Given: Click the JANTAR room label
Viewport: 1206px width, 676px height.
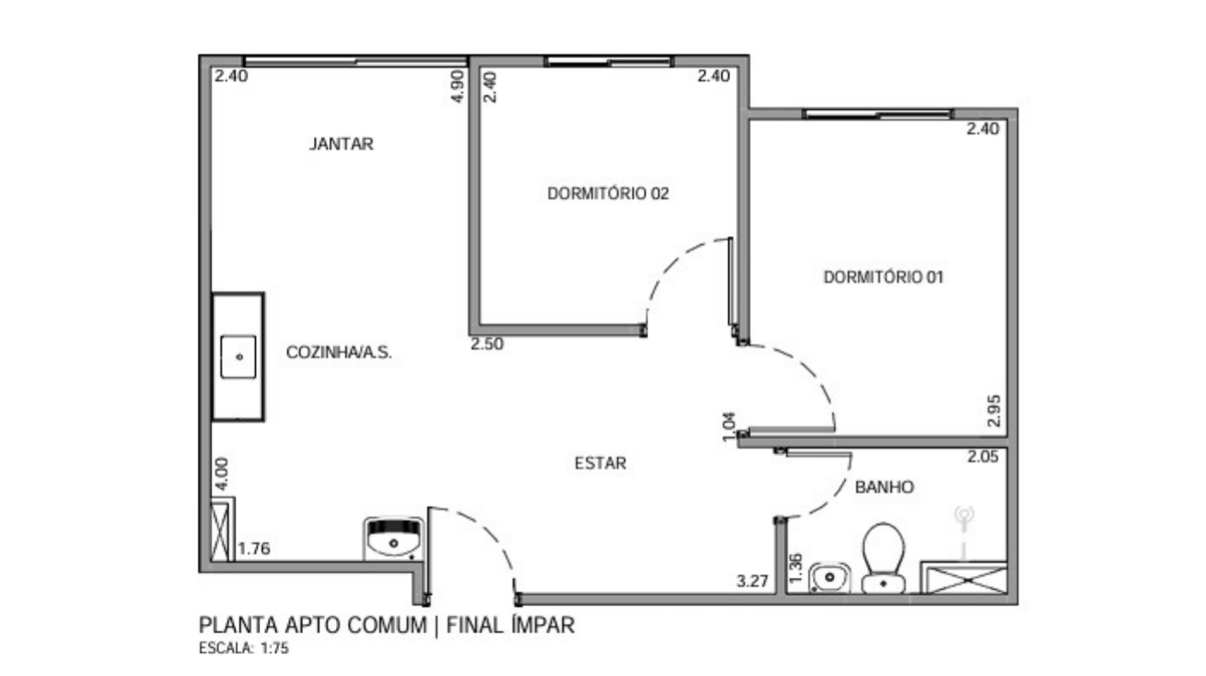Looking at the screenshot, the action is [x=341, y=144].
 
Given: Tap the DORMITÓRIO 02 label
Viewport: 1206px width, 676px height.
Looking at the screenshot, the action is [x=608, y=194].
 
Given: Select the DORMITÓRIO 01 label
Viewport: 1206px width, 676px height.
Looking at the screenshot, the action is [x=883, y=277].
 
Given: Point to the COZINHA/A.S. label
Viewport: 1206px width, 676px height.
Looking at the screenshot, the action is [x=339, y=352].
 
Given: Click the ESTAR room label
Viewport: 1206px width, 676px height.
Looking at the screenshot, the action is [x=600, y=464].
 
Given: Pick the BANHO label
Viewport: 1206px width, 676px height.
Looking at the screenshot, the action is [x=884, y=487].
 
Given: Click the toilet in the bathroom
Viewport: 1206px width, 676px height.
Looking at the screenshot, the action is [x=883, y=558].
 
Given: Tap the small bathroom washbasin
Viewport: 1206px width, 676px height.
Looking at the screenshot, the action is [x=829, y=577].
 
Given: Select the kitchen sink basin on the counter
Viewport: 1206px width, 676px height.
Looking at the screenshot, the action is [x=239, y=357].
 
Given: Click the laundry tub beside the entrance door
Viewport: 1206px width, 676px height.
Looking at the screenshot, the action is [x=393, y=538].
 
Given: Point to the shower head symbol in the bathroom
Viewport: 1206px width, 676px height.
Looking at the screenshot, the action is [x=963, y=521].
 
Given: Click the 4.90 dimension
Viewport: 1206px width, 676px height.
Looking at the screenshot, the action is [x=458, y=86].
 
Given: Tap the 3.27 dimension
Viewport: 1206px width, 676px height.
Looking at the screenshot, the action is [x=752, y=581].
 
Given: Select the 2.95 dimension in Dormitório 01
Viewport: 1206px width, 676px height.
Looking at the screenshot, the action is [x=994, y=411].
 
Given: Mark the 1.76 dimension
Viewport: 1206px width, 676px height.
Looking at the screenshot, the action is [x=254, y=548].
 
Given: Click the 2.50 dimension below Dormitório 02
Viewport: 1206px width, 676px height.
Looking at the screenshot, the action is [x=487, y=344].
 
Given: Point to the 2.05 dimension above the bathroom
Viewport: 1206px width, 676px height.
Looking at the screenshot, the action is [x=983, y=457].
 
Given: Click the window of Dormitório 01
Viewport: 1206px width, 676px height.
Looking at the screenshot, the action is [x=878, y=114].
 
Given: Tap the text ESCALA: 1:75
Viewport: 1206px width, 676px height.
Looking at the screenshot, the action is [x=244, y=648].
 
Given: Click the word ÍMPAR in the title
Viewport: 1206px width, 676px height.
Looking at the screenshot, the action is [x=544, y=624].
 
